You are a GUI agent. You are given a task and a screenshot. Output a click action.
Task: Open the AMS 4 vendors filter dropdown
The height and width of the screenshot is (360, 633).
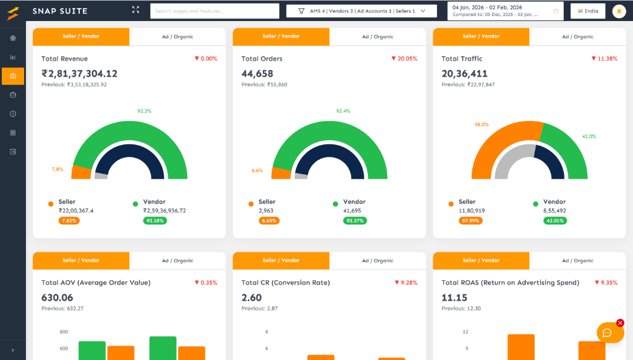(361, 11)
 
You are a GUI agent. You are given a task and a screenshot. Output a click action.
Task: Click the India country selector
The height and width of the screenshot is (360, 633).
(587, 11)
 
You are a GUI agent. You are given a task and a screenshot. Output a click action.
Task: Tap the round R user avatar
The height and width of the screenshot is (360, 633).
(619, 11)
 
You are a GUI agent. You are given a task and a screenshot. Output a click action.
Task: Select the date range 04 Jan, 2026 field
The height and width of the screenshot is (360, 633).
(504, 11)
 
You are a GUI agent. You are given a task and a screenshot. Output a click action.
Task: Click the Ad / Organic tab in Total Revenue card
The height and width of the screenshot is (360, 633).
(177, 36)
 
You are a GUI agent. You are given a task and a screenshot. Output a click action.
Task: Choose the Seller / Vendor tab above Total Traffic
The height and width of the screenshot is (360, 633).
(481, 36)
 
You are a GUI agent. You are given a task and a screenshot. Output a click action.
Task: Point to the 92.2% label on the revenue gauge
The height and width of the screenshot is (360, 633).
(144, 111)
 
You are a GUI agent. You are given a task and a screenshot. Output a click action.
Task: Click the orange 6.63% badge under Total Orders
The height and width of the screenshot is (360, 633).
(270, 220)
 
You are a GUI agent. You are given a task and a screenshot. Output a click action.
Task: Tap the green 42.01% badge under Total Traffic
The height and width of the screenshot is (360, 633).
(555, 220)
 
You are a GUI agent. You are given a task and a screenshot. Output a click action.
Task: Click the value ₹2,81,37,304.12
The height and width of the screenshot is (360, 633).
(79, 74)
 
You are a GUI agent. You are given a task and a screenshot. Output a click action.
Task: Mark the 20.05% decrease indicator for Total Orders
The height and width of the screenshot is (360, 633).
(404, 59)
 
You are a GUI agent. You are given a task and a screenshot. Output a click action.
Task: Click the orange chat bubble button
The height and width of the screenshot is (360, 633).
(607, 333)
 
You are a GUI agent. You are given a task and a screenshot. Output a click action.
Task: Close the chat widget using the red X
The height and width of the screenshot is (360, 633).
(621, 323)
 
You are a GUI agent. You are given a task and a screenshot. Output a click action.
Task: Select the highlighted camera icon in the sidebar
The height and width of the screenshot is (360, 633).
(13, 76)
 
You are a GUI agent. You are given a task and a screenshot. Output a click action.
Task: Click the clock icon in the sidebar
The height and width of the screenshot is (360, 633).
(13, 114)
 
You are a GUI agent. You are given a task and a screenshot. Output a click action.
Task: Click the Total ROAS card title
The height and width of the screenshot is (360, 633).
(510, 283)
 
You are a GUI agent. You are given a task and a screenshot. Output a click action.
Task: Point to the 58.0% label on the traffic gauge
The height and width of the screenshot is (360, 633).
(482, 124)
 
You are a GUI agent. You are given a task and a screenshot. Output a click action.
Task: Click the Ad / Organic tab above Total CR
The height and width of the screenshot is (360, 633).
(378, 260)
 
